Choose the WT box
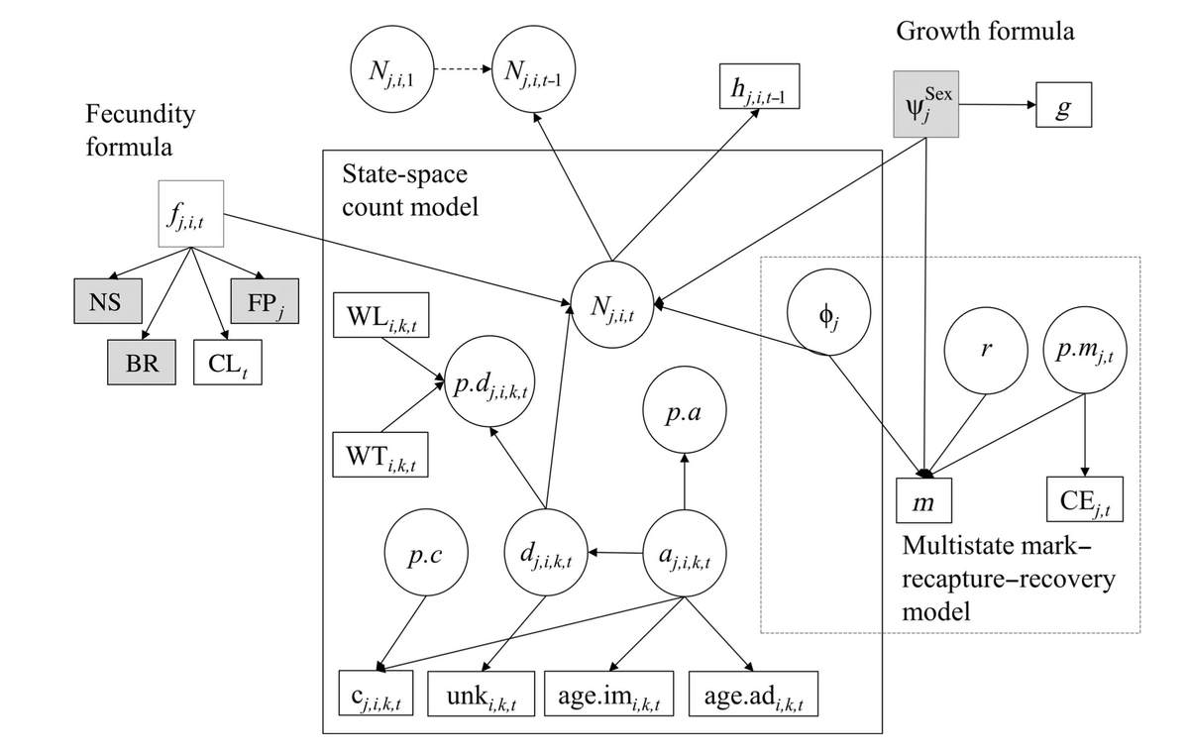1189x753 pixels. coord(380,455)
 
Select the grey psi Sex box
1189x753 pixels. coord(926,103)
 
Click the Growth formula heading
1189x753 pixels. coord(985,31)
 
